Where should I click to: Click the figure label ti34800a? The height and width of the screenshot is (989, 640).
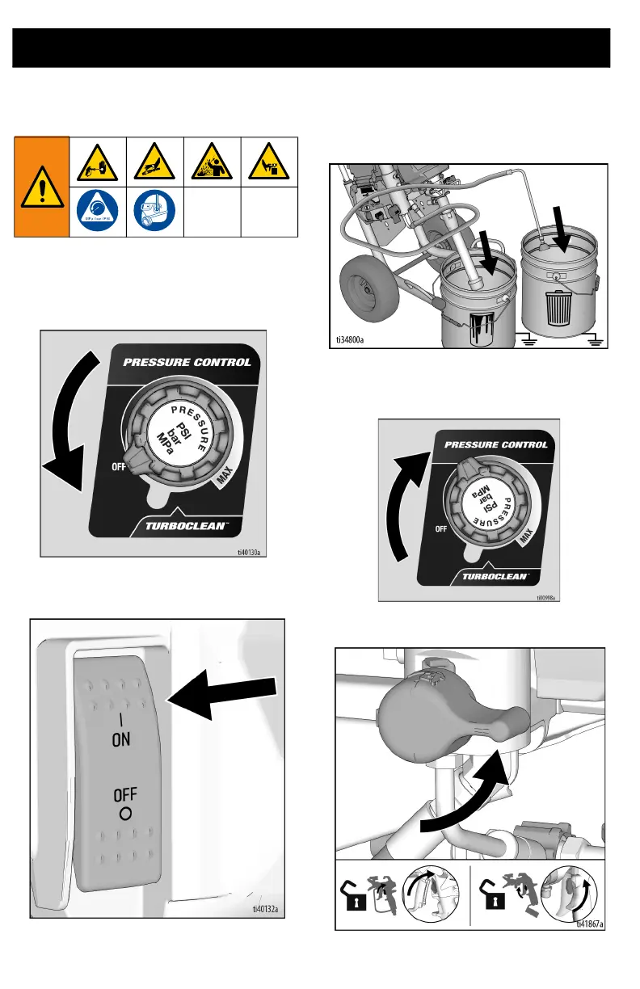coord(350,339)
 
